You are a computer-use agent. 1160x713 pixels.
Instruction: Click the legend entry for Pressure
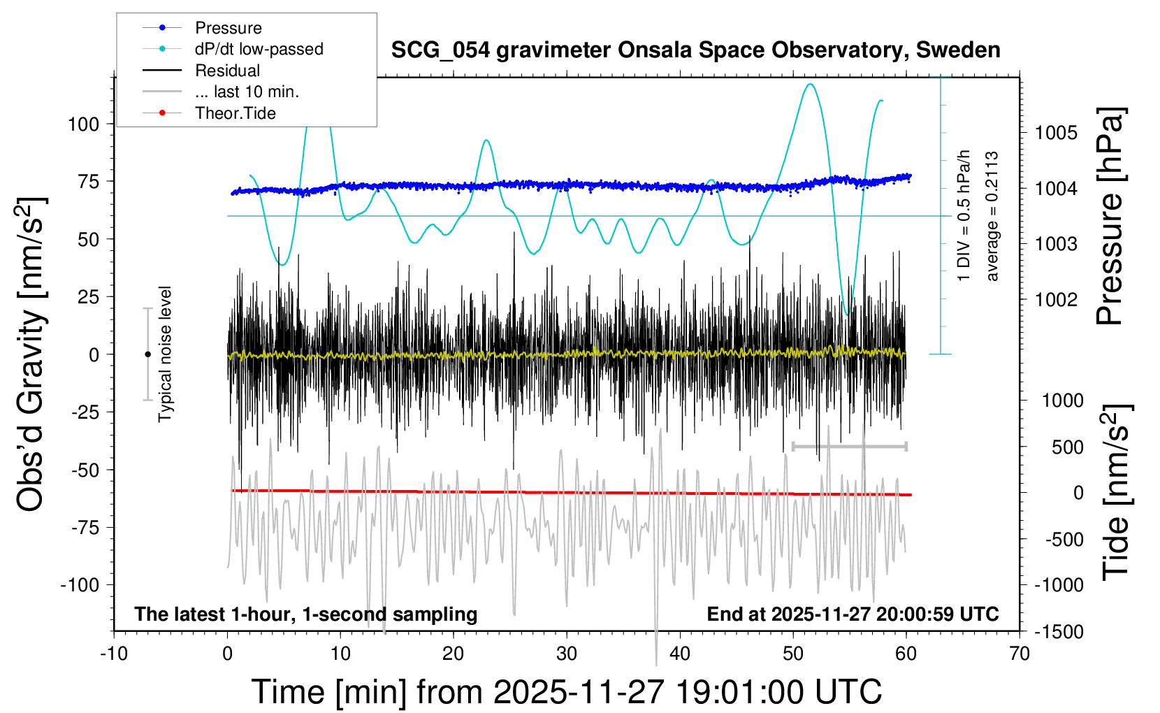pos(228,28)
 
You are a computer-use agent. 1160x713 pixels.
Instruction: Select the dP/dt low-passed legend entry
pos(259,49)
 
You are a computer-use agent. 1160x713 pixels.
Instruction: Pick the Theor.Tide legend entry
pos(235,113)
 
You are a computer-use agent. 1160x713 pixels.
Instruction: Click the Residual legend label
pos(227,71)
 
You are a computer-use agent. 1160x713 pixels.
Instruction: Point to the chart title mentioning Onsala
pos(695,50)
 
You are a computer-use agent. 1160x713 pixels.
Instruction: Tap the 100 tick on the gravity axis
pos(83,124)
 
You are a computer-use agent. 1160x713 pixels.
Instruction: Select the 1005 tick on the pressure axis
pos(1056,133)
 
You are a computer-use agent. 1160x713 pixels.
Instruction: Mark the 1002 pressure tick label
pos(1056,300)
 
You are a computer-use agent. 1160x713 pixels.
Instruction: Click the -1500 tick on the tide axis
pos(1059,632)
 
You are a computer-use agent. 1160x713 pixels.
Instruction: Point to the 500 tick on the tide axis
pos(1067,447)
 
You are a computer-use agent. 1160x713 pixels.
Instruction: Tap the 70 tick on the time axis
pos(1020,654)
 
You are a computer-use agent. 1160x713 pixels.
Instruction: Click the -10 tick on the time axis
pos(114,654)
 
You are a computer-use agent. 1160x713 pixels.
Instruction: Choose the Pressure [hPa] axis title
pos(1110,216)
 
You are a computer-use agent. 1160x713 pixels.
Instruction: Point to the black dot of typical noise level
pos(147,354)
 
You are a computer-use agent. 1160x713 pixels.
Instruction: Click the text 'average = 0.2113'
pos(992,216)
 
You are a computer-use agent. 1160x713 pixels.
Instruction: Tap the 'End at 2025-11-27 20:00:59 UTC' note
pos(853,614)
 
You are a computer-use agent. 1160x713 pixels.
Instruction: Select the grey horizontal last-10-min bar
pos(849,446)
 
